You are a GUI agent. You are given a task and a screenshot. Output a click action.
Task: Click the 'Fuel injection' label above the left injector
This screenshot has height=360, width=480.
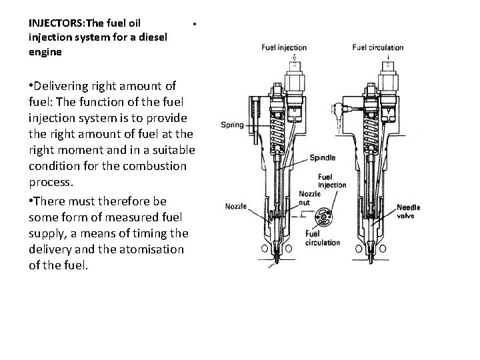click(284, 47)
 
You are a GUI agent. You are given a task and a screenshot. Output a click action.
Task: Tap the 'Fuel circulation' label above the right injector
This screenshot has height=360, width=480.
click(378, 47)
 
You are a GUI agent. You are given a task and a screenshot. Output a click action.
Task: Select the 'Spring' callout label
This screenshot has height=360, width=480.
click(233, 125)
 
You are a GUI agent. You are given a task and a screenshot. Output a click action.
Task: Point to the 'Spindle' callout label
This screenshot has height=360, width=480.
click(322, 158)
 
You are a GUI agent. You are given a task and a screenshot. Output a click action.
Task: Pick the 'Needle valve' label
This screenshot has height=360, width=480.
click(408, 211)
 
